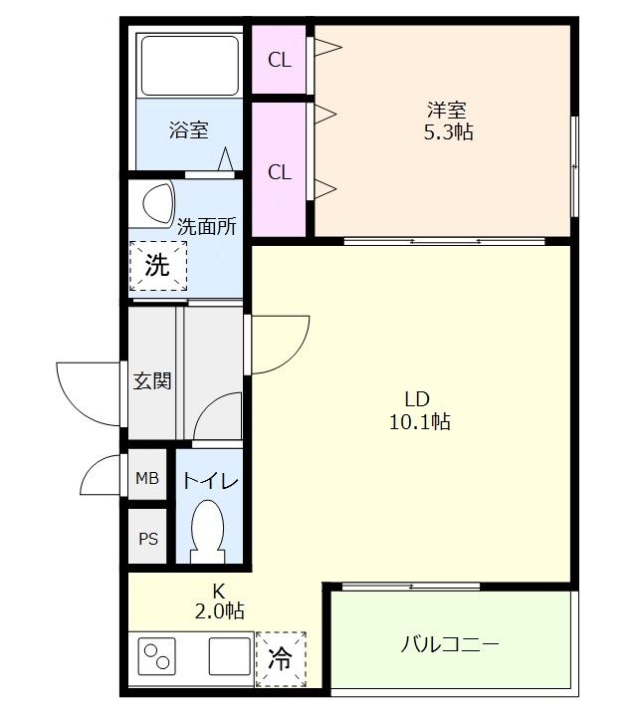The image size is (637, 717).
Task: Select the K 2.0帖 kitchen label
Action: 219,599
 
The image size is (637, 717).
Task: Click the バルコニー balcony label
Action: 450,644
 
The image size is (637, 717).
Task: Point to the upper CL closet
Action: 280,60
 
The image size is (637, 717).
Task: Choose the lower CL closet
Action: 280,172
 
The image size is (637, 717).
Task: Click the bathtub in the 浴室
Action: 188,66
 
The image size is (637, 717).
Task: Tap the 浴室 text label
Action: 188,130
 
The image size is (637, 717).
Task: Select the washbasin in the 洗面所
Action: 156,202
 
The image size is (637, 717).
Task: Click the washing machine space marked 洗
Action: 157,266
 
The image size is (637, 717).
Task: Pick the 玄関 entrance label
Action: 153,380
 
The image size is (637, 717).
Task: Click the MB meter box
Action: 147,479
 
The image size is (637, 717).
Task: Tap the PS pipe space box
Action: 147,540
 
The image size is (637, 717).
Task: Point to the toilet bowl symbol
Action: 208,530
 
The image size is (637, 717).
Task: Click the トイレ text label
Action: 209,481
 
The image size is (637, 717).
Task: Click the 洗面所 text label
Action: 207,226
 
